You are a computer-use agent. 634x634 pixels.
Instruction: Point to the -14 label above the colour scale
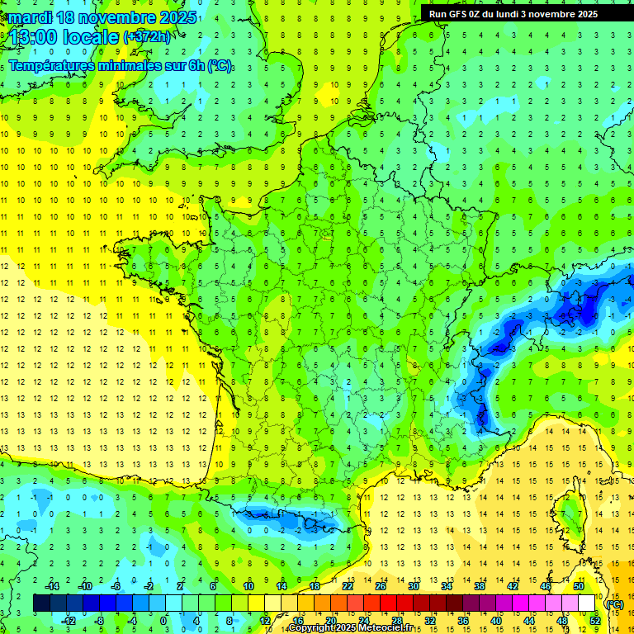tap(53, 586)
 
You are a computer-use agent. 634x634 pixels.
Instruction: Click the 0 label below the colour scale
tap(163, 620)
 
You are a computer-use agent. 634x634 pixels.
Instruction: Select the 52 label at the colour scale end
tap(594, 620)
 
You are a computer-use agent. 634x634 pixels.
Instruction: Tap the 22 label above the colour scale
tap(348, 586)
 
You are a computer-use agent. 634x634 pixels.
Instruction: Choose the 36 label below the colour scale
tap(462, 620)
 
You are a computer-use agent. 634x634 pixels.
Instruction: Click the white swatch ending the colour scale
tap(586, 603)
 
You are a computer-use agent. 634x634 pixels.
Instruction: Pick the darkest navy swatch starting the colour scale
tap(41, 603)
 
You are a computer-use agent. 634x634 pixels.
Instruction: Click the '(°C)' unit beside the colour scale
tap(614, 604)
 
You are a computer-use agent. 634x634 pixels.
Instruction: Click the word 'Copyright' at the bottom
tap(311, 628)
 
